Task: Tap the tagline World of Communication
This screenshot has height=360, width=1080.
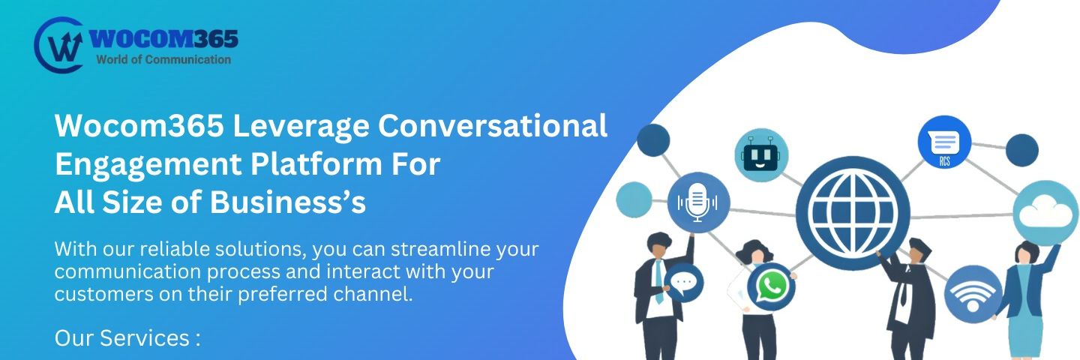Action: coord(163,59)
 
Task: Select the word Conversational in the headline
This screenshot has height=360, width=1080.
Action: coord(492,125)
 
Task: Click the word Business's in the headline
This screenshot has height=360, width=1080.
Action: coord(288,202)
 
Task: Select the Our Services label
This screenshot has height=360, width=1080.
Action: coord(127,338)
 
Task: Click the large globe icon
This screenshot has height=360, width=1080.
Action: coord(853,213)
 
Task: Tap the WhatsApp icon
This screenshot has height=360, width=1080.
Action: coord(771,286)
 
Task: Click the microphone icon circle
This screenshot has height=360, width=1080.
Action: coord(698,202)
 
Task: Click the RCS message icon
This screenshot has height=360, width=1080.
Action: coord(944,142)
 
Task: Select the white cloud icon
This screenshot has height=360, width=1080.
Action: coord(1045,214)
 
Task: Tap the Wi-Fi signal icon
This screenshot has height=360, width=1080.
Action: coord(973,295)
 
